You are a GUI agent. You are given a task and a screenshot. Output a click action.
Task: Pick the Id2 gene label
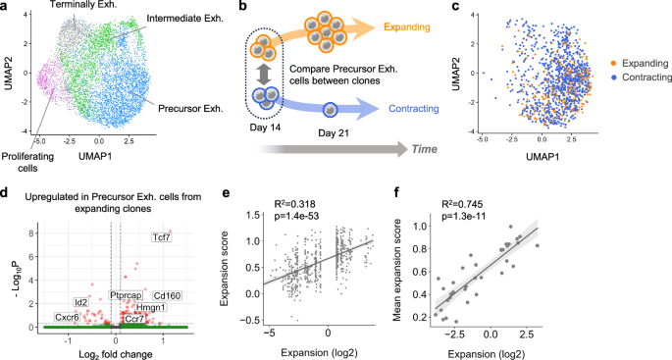pyautogui.click(x=81, y=274)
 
